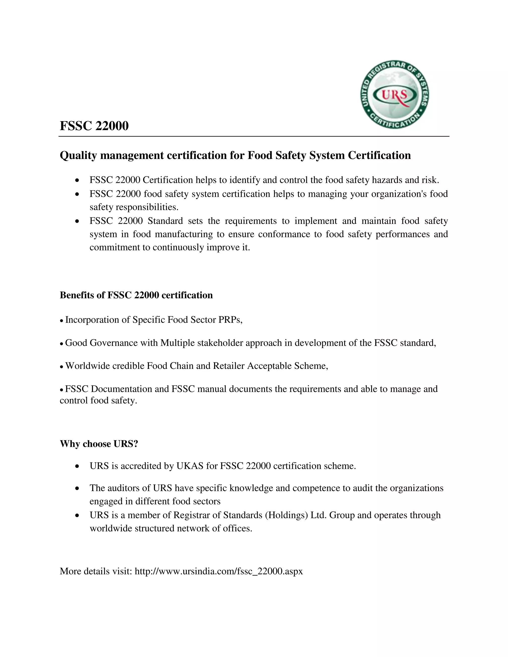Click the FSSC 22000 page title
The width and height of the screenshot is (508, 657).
click(94, 126)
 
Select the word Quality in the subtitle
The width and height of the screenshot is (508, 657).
click(78, 155)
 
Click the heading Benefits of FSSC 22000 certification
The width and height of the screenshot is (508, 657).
click(136, 295)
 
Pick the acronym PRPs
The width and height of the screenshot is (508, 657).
click(230, 320)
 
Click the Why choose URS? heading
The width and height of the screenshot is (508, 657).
click(99, 444)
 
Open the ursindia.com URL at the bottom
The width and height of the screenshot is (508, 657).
click(219, 571)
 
